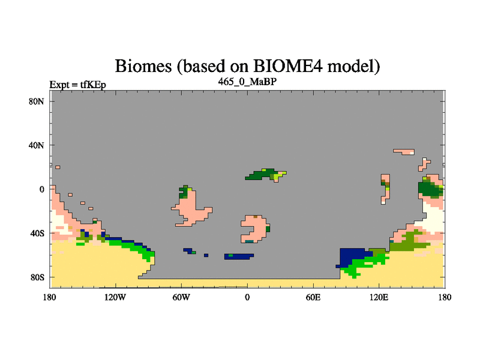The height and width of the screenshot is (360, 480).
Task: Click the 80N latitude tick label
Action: (x=36, y=101)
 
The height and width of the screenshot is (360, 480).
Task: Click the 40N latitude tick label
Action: (x=36, y=145)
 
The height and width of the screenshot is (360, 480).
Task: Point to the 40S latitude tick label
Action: (x=37, y=233)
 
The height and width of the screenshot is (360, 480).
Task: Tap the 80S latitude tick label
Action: (x=37, y=277)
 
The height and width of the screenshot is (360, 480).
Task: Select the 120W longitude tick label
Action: (x=115, y=297)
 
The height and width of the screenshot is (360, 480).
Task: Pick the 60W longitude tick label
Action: (x=181, y=297)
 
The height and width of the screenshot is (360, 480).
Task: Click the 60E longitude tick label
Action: (x=313, y=297)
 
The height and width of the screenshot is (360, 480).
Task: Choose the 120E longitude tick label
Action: (x=379, y=297)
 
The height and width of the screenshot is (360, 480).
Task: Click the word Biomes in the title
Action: (x=143, y=66)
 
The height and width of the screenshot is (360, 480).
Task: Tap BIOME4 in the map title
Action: (x=288, y=66)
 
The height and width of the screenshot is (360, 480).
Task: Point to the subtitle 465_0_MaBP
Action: (x=247, y=82)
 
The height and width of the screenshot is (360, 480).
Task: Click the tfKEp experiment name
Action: (x=93, y=85)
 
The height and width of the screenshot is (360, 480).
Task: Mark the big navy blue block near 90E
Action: (x=353, y=257)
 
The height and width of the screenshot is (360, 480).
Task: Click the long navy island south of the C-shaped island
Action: (x=239, y=257)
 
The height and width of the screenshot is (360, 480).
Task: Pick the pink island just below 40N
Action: (x=404, y=152)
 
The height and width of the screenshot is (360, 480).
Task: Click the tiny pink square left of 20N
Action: (x=58, y=167)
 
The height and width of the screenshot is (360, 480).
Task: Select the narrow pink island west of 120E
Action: (x=385, y=189)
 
